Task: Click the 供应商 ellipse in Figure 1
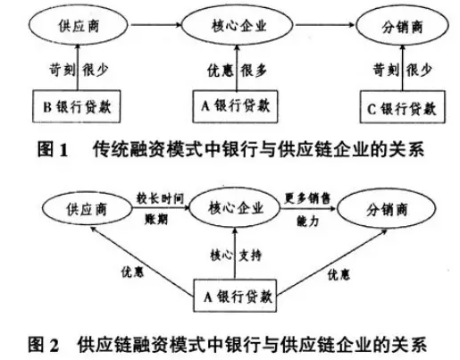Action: [79, 26]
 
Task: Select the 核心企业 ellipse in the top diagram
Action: [238, 25]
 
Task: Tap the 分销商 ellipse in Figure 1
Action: [402, 27]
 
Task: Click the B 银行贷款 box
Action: [76, 106]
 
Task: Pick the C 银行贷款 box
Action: [402, 107]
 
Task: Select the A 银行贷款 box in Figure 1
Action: [235, 106]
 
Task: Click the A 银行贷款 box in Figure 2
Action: [235, 296]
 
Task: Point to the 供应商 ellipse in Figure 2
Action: [87, 209]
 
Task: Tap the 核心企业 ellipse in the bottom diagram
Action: [235, 207]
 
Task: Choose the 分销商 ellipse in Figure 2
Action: [387, 209]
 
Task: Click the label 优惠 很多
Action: [237, 71]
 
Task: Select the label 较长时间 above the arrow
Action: [160, 198]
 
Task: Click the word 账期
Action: [156, 220]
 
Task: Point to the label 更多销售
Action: [307, 198]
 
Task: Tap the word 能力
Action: [308, 221]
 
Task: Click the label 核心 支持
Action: [236, 255]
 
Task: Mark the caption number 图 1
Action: [53, 150]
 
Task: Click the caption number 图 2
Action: [44, 345]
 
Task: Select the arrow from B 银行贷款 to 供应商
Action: [78, 67]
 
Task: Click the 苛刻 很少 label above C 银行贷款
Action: [402, 71]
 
